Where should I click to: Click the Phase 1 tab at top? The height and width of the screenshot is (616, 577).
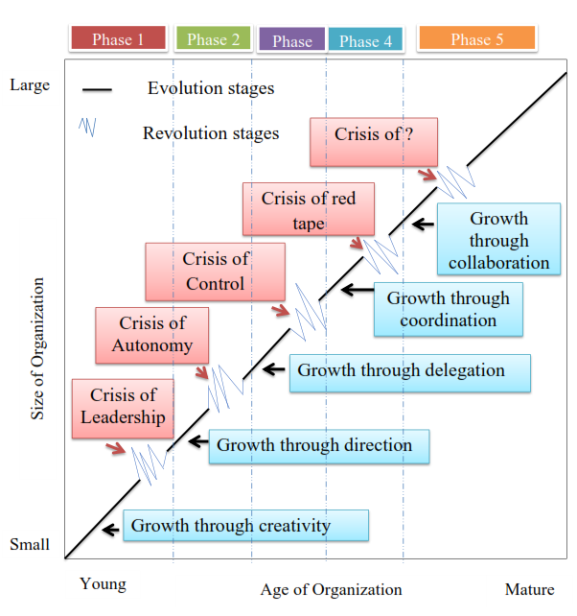[x=118, y=39]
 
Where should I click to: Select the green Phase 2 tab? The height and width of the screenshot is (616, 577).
[x=213, y=39]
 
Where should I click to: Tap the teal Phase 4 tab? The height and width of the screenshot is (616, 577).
[x=365, y=40]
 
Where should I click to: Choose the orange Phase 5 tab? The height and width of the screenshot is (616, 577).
[x=476, y=39]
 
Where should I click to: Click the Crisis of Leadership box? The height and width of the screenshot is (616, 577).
[x=123, y=407]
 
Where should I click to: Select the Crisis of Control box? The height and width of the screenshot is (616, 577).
[x=215, y=271]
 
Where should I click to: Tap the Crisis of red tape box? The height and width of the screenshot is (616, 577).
[x=308, y=210]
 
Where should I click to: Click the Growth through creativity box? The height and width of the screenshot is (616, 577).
[x=245, y=525]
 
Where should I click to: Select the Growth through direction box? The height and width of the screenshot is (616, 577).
[x=319, y=446]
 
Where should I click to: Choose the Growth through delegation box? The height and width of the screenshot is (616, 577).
[x=410, y=371]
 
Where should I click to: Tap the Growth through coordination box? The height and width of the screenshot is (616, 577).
[x=448, y=309]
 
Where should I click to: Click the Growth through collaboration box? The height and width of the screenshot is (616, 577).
[x=497, y=240]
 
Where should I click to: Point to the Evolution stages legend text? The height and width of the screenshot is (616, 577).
[x=211, y=88]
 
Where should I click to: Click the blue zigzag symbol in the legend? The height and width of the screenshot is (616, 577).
[x=86, y=127]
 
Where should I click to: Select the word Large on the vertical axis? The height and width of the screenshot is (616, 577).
[x=29, y=84]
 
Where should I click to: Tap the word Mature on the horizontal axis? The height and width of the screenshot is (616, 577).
[x=529, y=589]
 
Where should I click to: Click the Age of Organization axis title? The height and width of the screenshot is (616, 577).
[x=331, y=590]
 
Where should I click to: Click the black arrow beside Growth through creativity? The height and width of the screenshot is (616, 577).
[x=111, y=527]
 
